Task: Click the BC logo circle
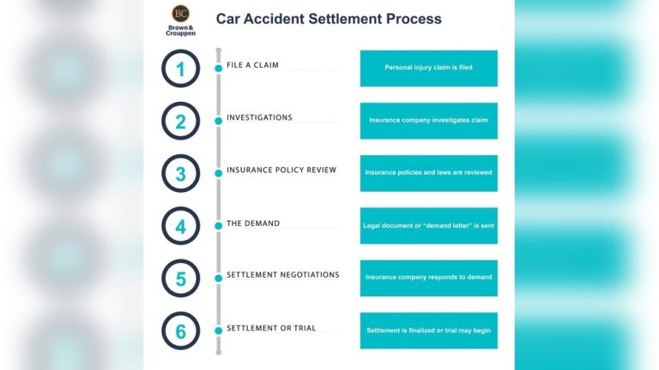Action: pyautogui.click(x=181, y=14)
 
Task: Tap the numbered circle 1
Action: pyautogui.click(x=181, y=69)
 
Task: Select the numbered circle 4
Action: pyautogui.click(x=181, y=226)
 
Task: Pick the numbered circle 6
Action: pyautogui.click(x=181, y=331)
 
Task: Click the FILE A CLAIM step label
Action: pyautogui.click(x=252, y=65)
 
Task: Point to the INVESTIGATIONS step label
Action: pyautogui.click(x=259, y=117)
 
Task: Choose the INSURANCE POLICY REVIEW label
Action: pyautogui.click(x=281, y=170)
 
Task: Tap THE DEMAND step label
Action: pyautogui.click(x=253, y=224)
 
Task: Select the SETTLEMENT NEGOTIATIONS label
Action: pyautogui.click(x=283, y=275)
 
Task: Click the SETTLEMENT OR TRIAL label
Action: pyautogui.click(x=271, y=328)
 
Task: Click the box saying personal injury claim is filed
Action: pyautogui.click(x=429, y=69)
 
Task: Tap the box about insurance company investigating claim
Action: pyautogui.click(x=429, y=121)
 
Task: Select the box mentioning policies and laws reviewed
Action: pyautogui.click(x=429, y=173)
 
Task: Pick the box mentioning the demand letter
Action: pyautogui.click(x=429, y=226)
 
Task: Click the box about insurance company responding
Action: pyautogui.click(x=429, y=278)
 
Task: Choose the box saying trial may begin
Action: pyautogui.click(x=429, y=331)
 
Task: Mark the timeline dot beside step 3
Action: pyautogui.click(x=219, y=173)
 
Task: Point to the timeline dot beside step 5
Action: pyautogui.click(x=219, y=278)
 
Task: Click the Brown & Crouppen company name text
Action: pyautogui.click(x=181, y=31)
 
